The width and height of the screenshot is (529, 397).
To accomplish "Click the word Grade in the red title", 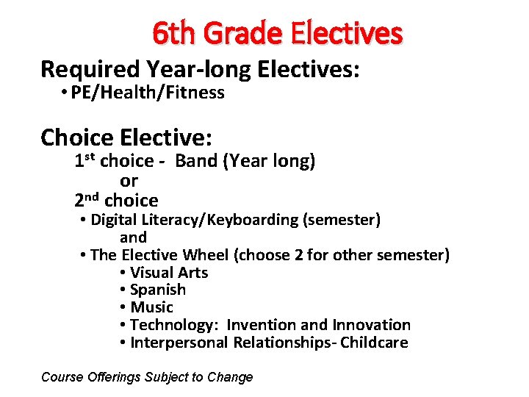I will pyautogui.click(x=245, y=33).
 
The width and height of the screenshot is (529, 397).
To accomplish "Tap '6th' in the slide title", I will pyautogui.click(x=175, y=33).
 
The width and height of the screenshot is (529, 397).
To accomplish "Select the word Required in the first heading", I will pyautogui.click(x=91, y=69).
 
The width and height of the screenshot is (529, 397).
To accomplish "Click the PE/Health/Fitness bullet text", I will pyautogui.click(x=148, y=93).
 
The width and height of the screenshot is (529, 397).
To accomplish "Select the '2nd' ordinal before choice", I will pyautogui.click(x=87, y=200).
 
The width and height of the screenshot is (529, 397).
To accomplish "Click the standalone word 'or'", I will pyautogui.click(x=129, y=180).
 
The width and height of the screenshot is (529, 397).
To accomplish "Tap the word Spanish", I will pyautogui.click(x=158, y=290).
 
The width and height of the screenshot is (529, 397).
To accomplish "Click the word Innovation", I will pyautogui.click(x=371, y=325).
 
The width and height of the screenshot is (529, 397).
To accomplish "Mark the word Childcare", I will pyautogui.click(x=374, y=343).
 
